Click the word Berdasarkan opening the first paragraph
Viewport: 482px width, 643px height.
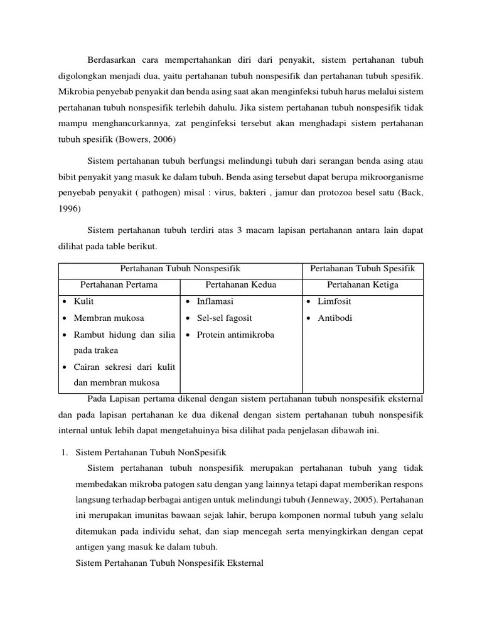coord(115,60)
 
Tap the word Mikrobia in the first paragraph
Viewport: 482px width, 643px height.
coord(77,92)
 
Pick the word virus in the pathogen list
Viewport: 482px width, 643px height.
coord(243,192)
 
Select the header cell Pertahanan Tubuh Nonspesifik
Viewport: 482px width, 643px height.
coord(180,269)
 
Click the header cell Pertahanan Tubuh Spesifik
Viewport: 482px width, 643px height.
coord(363,269)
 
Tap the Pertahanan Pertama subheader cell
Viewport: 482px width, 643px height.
coord(119,285)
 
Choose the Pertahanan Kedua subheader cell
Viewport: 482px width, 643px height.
coord(241,285)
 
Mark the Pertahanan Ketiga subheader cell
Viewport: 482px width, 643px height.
coord(363,285)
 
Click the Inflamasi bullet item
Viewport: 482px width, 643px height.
coord(215,301)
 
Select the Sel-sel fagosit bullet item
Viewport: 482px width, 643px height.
coord(224,318)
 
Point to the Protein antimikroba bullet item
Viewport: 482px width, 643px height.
coord(235,334)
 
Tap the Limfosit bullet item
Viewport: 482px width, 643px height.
coord(335,301)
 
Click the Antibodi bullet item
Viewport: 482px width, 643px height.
coord(335,318)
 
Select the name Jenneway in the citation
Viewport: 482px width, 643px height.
coord(327,501)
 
